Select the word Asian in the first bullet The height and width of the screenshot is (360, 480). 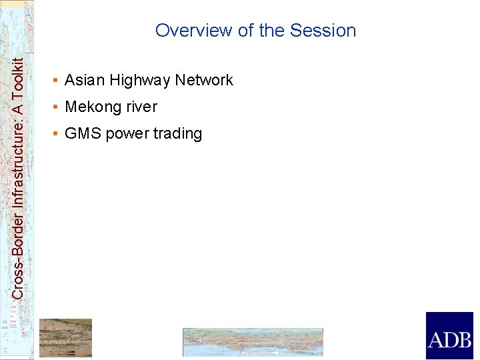point(85,81)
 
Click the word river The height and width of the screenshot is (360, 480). point(141,107)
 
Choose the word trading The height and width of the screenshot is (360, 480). point(177,134)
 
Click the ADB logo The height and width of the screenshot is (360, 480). point(449,336)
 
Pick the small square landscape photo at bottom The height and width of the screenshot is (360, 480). point(65,337)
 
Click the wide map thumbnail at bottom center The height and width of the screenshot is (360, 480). point(253,342)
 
